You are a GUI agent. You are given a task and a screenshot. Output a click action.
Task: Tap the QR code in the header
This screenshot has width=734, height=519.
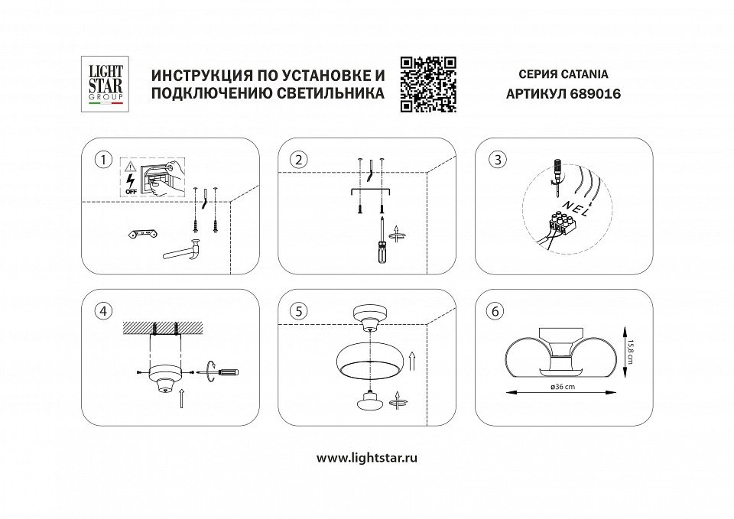click(428, 84)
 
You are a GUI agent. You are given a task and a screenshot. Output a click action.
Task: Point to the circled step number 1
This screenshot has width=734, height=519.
click(100, 160)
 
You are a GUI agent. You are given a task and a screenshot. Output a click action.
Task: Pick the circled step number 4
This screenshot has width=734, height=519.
click(100, 311)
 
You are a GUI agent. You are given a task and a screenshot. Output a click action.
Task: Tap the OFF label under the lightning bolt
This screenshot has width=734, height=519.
click(131, 190)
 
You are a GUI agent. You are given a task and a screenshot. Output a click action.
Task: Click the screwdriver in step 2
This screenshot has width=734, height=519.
click(378, 243)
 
